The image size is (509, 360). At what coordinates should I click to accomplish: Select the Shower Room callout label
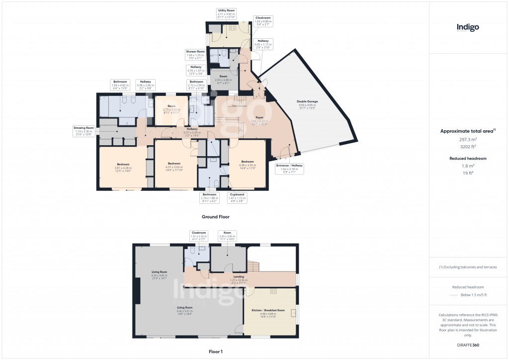(x=195, y=54)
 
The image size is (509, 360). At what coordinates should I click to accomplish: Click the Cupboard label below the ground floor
(x=237, y=198)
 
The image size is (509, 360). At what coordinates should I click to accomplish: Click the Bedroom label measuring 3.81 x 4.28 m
(x=123, y=167)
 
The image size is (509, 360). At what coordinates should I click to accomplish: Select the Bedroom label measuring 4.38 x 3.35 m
(x=248, y=165)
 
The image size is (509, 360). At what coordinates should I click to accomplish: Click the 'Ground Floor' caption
(x=215, y=217)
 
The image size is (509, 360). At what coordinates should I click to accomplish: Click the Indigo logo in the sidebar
(x=468, y=28)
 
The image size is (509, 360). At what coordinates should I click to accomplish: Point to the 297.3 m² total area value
(x=468, y=140)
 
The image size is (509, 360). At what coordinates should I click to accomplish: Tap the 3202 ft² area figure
(x=468, y=148)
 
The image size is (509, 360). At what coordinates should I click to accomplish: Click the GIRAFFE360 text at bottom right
(x=468, y=345)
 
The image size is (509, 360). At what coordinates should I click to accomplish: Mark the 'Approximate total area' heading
(x=466, y=131)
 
